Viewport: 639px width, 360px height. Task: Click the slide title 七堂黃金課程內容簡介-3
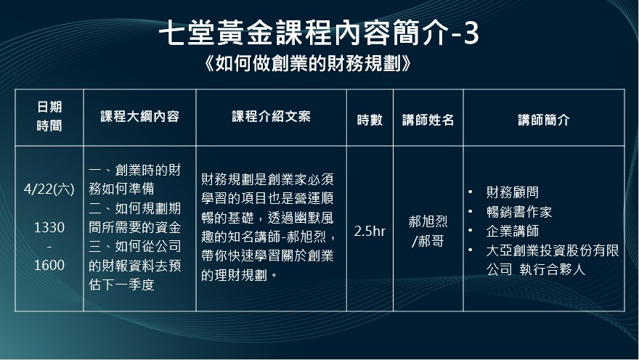pos(319,33)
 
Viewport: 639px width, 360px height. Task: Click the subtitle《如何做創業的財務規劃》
pos(307,65)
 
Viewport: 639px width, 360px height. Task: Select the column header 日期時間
pos(49,116)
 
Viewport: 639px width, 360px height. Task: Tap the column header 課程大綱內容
pos(139,117)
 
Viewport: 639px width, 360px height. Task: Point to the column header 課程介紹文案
pos(272,117)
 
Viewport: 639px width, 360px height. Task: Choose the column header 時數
pos(370,120)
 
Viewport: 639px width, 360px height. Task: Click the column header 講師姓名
pos(428,120)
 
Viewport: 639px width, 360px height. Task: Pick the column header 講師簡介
pos(544,120)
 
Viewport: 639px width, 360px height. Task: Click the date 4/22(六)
pos(49,189)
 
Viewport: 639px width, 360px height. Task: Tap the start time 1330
pos(49,227)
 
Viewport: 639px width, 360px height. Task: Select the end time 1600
pos(49,266)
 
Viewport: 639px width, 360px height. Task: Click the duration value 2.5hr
pos(370,232)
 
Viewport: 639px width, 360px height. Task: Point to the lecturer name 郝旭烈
pos(428,222)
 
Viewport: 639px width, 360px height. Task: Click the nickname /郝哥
pos(428,241)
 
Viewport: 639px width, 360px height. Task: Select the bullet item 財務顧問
pos(512,192)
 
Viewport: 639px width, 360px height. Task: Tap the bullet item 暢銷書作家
pos(518,212)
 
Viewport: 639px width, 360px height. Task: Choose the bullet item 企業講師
pos(512,231)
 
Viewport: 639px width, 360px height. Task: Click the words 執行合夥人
pos(552,269)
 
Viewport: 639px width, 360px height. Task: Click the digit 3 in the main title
pos(471,33)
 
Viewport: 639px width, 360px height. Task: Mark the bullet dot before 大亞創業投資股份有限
pos(471,250)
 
